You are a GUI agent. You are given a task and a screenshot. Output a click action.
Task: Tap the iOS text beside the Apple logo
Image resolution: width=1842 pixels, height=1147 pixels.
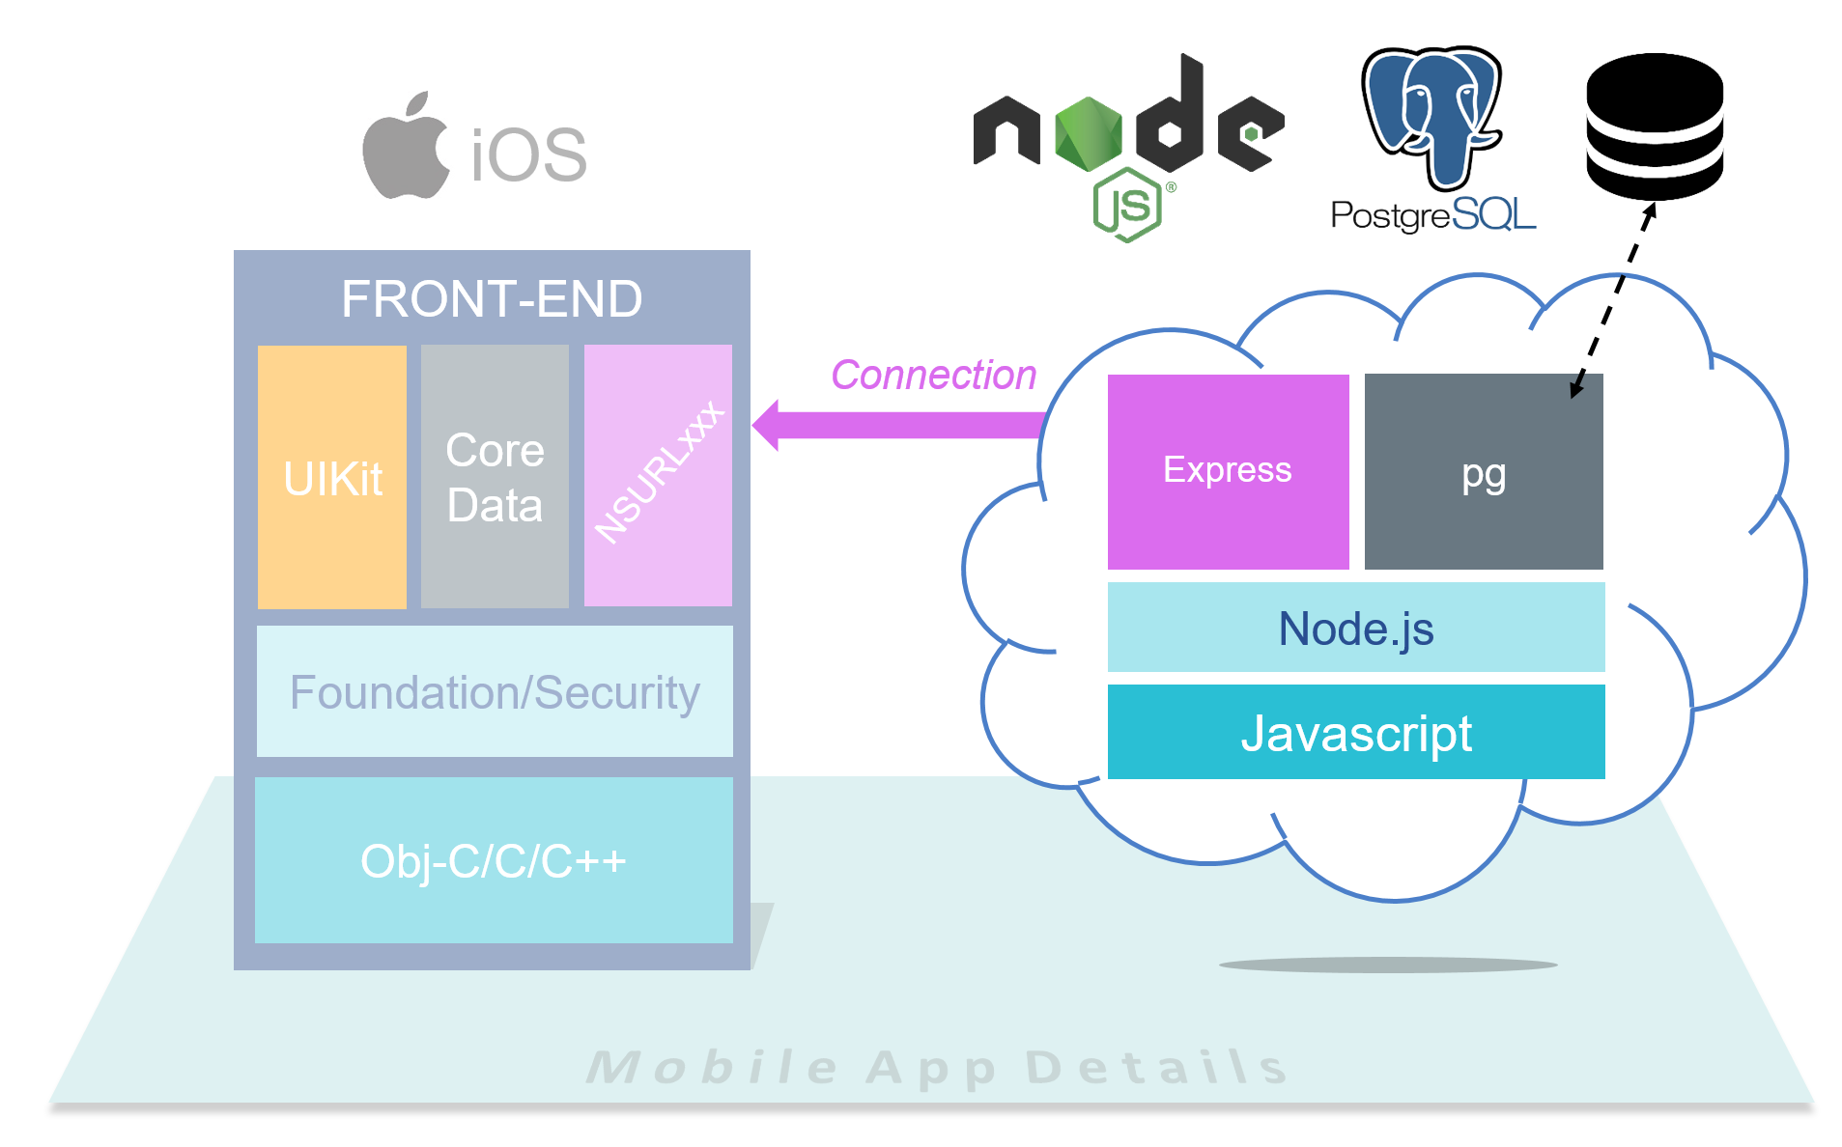tap(529, 154)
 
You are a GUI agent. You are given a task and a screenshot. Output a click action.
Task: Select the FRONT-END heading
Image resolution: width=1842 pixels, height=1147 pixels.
tap(492, 298)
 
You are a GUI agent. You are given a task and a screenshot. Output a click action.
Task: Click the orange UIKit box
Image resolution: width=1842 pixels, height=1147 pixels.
tap(332, 477)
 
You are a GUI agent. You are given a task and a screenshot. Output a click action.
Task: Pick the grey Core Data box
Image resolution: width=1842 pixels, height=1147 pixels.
tap(495, 477)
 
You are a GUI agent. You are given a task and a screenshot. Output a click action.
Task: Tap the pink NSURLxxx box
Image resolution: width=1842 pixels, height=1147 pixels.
tap(658, 475)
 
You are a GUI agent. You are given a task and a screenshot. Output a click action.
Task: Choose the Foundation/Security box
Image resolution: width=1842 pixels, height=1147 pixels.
tap(495, 691)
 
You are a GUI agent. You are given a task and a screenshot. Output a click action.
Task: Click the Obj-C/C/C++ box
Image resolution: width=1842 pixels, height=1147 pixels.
tap(494, 860)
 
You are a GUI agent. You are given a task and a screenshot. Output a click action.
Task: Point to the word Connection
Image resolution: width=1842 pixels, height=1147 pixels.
tap(933, 375)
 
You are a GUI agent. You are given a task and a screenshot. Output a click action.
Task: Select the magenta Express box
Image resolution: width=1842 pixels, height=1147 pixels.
tap(1228, 471)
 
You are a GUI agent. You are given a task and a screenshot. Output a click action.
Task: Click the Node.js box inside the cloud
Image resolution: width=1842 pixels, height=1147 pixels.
tap(1356, 628)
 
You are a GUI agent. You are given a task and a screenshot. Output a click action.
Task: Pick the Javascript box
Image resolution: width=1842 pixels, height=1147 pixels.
tap(1356, 732)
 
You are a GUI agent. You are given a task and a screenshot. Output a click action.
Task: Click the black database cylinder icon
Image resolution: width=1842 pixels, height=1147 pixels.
tap(1655, 126)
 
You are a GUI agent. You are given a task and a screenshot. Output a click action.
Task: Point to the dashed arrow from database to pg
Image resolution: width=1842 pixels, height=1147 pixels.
tap(1613, 298)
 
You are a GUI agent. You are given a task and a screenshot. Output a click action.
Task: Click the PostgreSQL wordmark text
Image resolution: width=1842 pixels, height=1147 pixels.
tap(1433, 214)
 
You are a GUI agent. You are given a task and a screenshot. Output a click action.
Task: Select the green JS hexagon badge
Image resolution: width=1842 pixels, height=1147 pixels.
tap(1126, 205)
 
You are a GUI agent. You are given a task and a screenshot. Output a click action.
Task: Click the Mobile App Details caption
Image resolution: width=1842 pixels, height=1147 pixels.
tap(937, 1067)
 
